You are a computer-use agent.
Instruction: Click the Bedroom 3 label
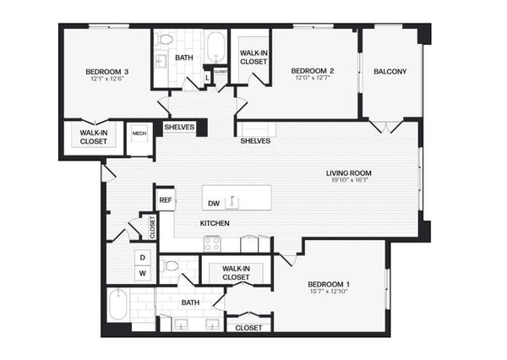click(107, 72)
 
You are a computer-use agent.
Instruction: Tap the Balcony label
click(390, 72)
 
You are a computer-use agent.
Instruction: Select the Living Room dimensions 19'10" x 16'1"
click(350, 180)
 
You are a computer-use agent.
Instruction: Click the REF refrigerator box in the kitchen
click(166, 200)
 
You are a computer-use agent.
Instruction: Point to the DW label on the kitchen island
click(214, 204)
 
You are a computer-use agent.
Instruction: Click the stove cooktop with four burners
click(212, 244)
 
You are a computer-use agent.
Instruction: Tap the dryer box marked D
click(143, 258)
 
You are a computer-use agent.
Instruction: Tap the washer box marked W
click(143, 273)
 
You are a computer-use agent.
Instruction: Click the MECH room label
click(139, 134)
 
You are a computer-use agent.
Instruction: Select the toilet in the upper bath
click(164, 40)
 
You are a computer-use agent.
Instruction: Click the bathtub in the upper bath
click(216, 46)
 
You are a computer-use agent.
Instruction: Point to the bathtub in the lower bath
click(118, 304)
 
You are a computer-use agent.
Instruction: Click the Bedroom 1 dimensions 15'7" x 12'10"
click(329, 292)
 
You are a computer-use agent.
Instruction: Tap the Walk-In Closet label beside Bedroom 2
click(253, 57)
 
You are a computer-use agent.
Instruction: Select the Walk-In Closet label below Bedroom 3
click(94, 137)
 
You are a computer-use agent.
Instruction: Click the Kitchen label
click(215, 223)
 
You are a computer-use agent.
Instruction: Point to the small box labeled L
click(208, 78)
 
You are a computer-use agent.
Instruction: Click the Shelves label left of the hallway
click(179, 127)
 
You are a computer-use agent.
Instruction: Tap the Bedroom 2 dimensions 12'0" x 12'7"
click(313, 78)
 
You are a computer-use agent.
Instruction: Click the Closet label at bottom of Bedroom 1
click(248, 328)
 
